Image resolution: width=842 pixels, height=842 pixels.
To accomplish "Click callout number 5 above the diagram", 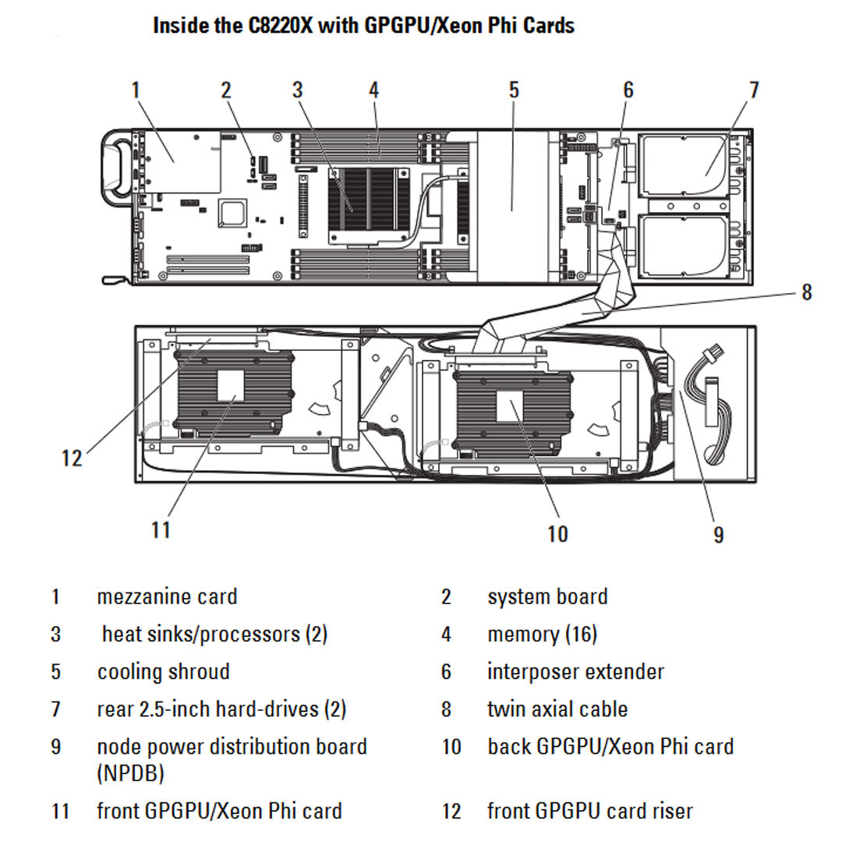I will [514, 90].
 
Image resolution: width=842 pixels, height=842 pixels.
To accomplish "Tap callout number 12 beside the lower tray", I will [72, 458].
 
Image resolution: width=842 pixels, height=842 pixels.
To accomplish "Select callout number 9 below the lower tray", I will [718, 534].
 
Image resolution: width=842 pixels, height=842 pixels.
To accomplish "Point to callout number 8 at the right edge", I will [806, 292].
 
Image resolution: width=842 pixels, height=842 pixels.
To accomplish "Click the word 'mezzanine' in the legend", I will [145, 597].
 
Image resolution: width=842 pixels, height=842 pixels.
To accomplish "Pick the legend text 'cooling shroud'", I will [164, 672].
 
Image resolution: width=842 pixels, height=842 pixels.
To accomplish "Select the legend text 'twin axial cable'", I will [557, 709].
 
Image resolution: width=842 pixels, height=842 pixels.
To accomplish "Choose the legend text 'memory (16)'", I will [543, 635].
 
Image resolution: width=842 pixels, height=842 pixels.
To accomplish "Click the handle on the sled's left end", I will [117, 167].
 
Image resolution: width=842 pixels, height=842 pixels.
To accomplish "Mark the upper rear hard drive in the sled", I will [684, 166].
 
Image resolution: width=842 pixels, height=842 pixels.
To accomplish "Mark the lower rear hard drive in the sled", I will [684, 245].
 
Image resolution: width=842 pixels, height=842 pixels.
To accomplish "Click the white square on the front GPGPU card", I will [231, 385].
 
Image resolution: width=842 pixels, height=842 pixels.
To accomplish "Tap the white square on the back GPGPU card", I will [510, 406].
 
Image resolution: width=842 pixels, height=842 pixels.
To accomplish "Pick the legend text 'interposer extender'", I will [576, 672].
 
